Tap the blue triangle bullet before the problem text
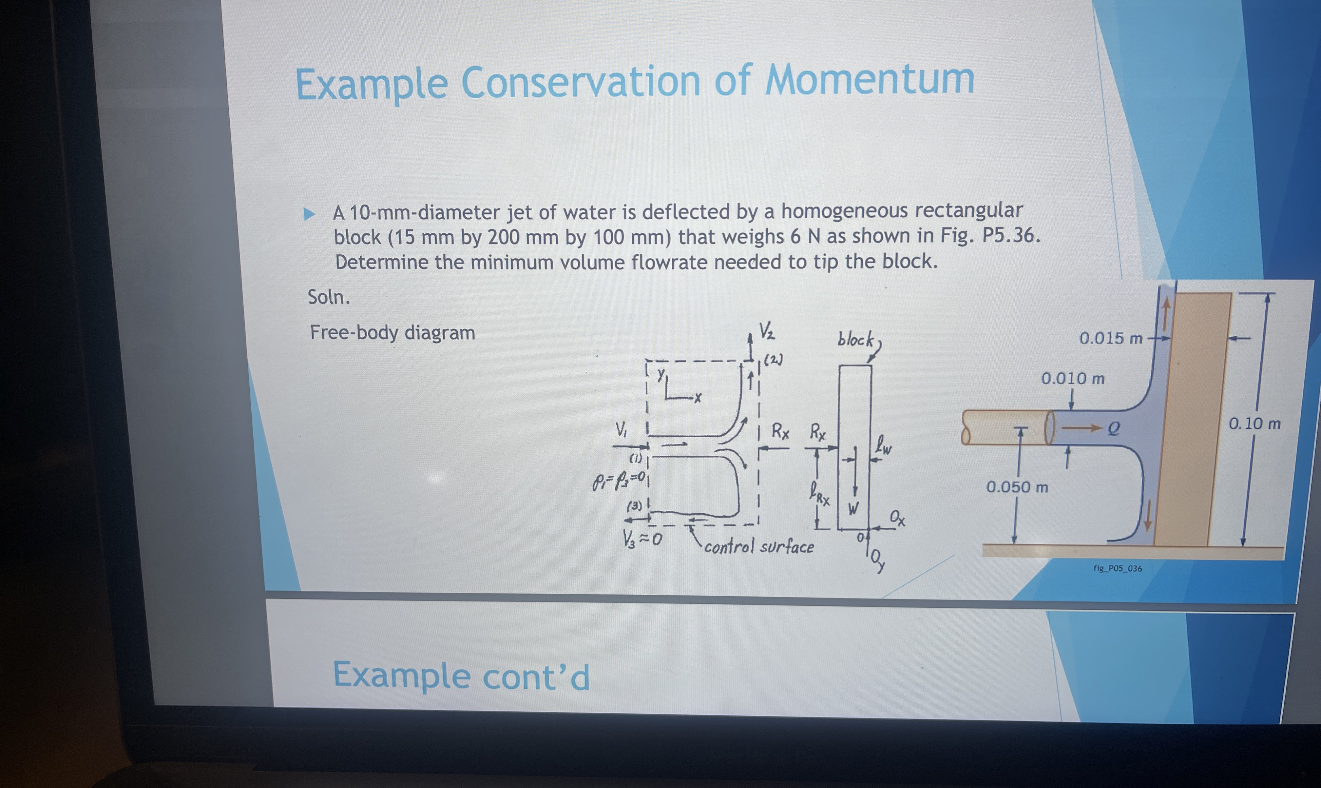[308, 214]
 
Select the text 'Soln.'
[329, 297]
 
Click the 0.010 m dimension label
[1073, 379]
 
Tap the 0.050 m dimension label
[1017, 487]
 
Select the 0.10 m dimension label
[1254, 424]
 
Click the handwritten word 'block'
[855, 340]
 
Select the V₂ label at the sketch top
[766, 331]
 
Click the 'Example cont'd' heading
[461, 676]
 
